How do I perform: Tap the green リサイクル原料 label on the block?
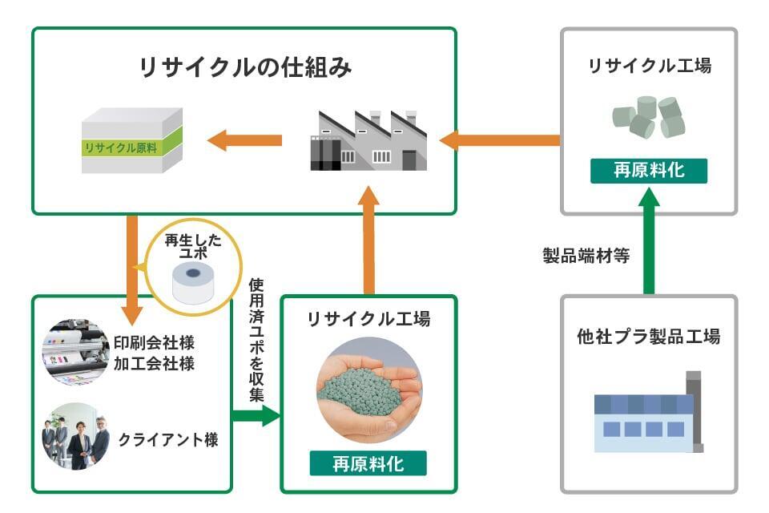(x=120, y=148)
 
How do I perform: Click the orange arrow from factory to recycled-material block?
(x=244, y=141)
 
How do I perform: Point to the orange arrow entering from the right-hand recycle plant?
(x=500, y=140)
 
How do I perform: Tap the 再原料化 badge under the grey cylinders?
(x=649, y=171)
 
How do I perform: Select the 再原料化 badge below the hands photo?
(x=368, y=463)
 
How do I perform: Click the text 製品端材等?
(x=586, y=256)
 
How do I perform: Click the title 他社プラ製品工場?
(x=649, y=336)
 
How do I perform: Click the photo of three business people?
(x=75, y=438)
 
